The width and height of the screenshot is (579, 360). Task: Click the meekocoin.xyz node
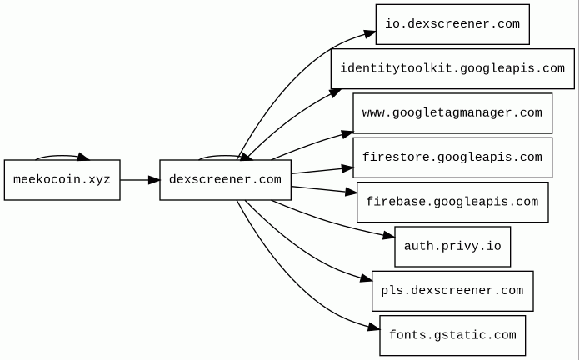[x=62, y=179]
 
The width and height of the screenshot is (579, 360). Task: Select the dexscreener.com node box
[x=225, y=179]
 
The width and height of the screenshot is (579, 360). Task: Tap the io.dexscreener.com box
[x=452, y=24]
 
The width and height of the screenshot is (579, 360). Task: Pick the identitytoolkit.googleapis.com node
[x=452, y=68]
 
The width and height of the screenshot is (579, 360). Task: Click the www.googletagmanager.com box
[x=452, y=112]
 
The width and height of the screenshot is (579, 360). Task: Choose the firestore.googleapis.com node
[x=452, y=157]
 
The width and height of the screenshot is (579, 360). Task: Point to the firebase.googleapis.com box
[x=452, y=202]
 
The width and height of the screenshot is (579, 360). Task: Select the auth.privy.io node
[x=452, y=246]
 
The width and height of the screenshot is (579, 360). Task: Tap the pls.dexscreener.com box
[x=452, y=290]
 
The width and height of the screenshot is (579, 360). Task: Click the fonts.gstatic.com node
[x=452, y=335]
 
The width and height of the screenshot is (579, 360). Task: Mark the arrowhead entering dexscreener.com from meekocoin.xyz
[x=152, y=179]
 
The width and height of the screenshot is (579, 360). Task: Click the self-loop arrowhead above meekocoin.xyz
[x=83, y=157]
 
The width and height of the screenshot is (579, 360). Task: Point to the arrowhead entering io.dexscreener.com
[x=368, y=33]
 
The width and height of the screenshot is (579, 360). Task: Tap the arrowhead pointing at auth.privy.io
[x=387, y=237]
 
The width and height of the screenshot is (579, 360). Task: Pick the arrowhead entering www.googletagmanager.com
[x=346, y=132]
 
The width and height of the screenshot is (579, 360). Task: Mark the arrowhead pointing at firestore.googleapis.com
[x=346, y=168]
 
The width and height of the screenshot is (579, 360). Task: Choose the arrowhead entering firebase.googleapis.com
[x=350, y=193]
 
